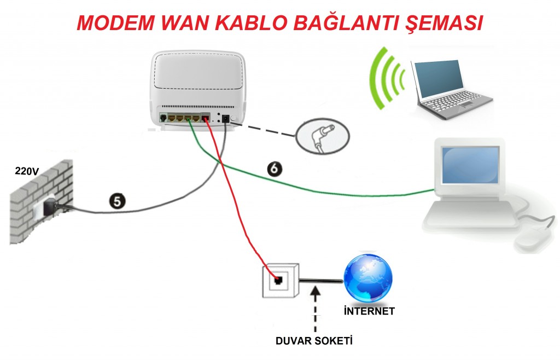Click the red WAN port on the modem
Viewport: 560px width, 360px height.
click(x=206, y=117)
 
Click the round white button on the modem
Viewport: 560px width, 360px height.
click(x=234, y=118)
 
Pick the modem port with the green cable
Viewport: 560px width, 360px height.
click(x=188, y=118)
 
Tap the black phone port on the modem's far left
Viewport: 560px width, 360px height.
click(x=163, y=117)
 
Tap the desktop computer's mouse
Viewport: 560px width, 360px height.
click(x=533, y=239)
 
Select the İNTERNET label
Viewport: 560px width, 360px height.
click(x=370, y=312)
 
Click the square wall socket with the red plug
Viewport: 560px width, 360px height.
click(x=279, y=281)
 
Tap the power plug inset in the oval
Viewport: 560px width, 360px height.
click(x=320, y=136)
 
